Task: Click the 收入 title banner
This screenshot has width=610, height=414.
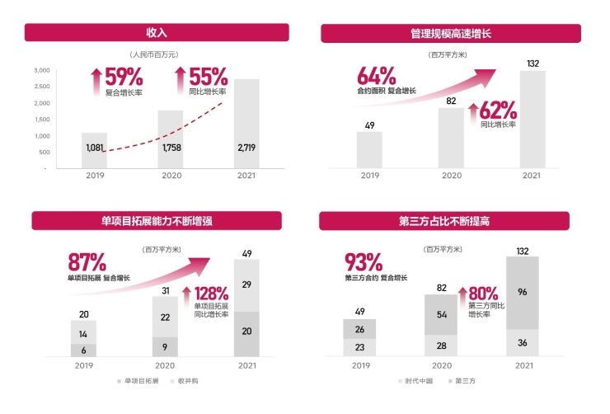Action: pos(157,33)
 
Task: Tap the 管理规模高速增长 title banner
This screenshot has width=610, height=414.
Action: pos(457,34)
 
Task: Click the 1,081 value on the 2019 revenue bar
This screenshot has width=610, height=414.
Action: pos(95,148)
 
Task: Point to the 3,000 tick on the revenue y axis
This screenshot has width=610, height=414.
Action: pos(41,71)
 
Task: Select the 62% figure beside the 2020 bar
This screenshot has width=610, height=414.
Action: pos(498,110)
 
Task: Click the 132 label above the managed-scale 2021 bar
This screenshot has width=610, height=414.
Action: pos(533,64)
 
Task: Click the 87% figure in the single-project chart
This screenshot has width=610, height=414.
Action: pos(87,263)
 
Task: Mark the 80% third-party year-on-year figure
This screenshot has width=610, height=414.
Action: pos(484,293)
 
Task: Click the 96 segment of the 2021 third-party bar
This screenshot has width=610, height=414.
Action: pos(522,291)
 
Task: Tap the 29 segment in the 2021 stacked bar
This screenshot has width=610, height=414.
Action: pos(247,285)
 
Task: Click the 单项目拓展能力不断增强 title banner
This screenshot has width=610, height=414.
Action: pos(157,221)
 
